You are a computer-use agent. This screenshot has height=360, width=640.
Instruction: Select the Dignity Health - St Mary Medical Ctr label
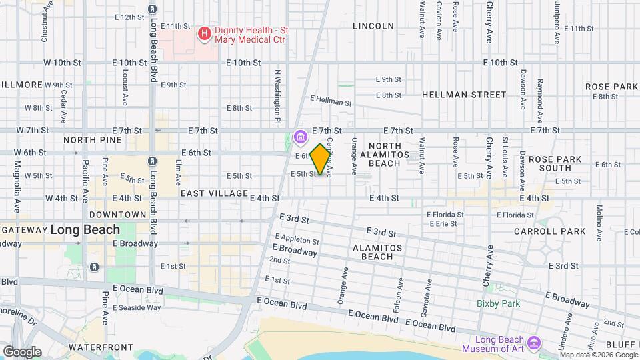pyautogui.click(x=252, y=35)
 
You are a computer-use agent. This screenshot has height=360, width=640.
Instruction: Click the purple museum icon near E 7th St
pyautogui.click(x=300, y=138)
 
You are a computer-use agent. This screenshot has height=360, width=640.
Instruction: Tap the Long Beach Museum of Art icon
pyautogui.click(x=533, y=343)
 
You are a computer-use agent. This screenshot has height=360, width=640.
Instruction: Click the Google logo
pyautogui.click(x=22, y=351)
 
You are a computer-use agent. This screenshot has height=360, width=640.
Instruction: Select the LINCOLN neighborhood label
pyautogui.click(x=373, y=26)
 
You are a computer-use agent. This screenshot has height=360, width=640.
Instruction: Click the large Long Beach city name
pyautogui.click(x=85, y=230)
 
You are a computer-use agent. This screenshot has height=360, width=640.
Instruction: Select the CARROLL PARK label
pyautogui.click(x=549, y=231)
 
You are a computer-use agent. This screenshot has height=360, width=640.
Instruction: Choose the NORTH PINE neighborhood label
pyautogui.click(x=93, y=140)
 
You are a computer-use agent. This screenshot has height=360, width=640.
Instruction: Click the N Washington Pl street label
pyautogui.click(x=276, y=96)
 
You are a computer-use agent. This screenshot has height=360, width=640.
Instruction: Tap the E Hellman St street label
pyautogui.click(x=331, y=100)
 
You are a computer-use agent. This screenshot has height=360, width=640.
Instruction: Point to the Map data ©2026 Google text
pyautogui.click(x=597, y=355)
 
